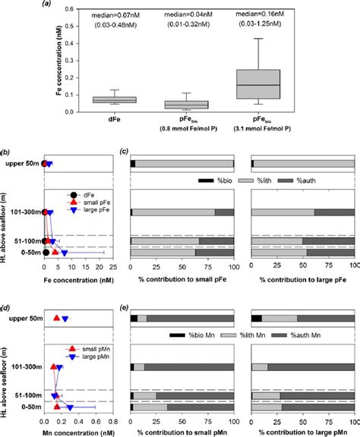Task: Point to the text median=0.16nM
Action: (289, 13)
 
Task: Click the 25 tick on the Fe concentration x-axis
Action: (112, 267)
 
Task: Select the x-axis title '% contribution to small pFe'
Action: (182, 279)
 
